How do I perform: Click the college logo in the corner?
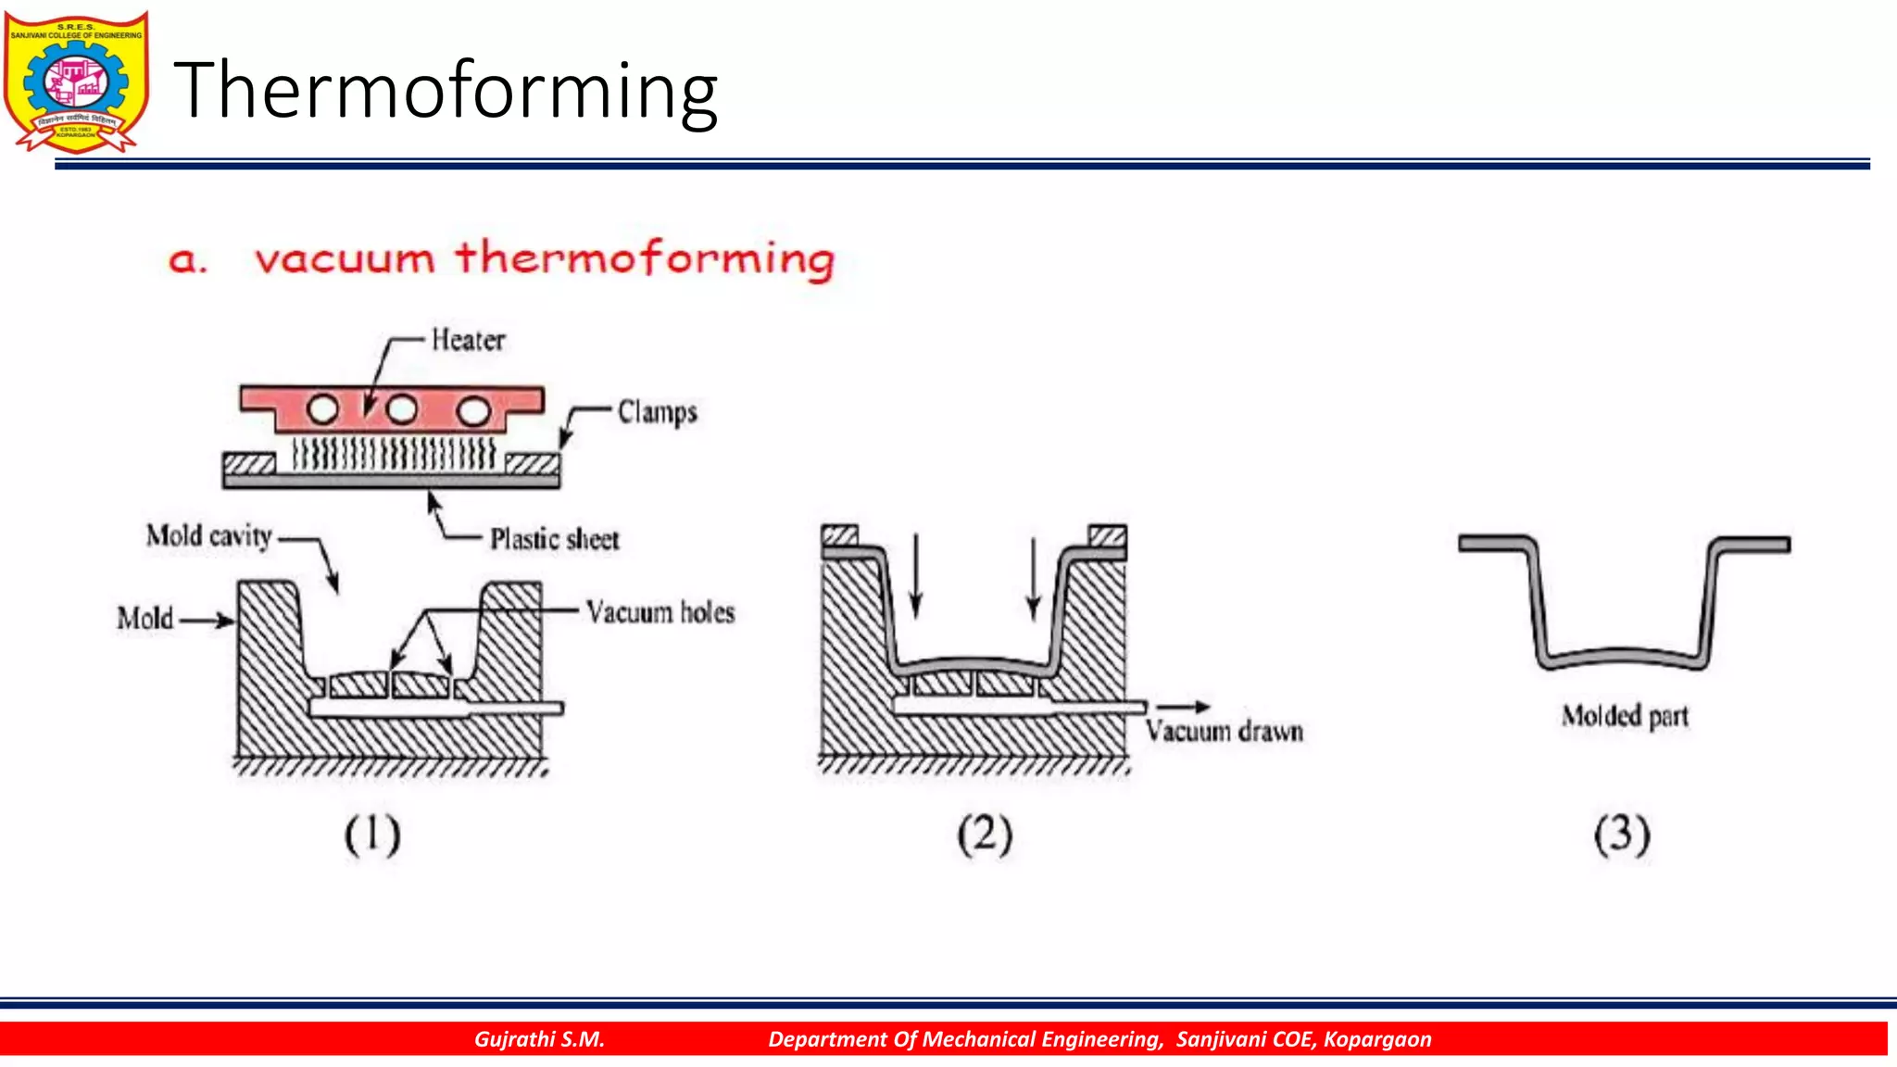(76, 82)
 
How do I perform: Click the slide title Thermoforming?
(446, 91)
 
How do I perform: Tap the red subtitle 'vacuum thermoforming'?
(544, 258)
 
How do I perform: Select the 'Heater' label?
(468, 341)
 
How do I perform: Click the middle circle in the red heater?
(402, 409)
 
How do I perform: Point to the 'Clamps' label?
(657, 412)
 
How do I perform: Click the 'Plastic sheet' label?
(554, 539)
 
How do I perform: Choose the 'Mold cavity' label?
(208, 536)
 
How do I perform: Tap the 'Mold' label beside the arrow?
(144, 619)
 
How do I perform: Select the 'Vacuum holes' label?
(660, 612)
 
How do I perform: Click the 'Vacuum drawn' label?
(1224, 732)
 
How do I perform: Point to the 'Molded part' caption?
(1625, 716)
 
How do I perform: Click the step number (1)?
(372, 835)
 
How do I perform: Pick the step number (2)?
(985, 835)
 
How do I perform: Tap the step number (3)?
(1622, 835)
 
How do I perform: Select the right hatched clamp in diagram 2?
(1107, 535)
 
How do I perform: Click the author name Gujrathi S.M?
(539, 1039)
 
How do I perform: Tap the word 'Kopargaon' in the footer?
(1376, 1039)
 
